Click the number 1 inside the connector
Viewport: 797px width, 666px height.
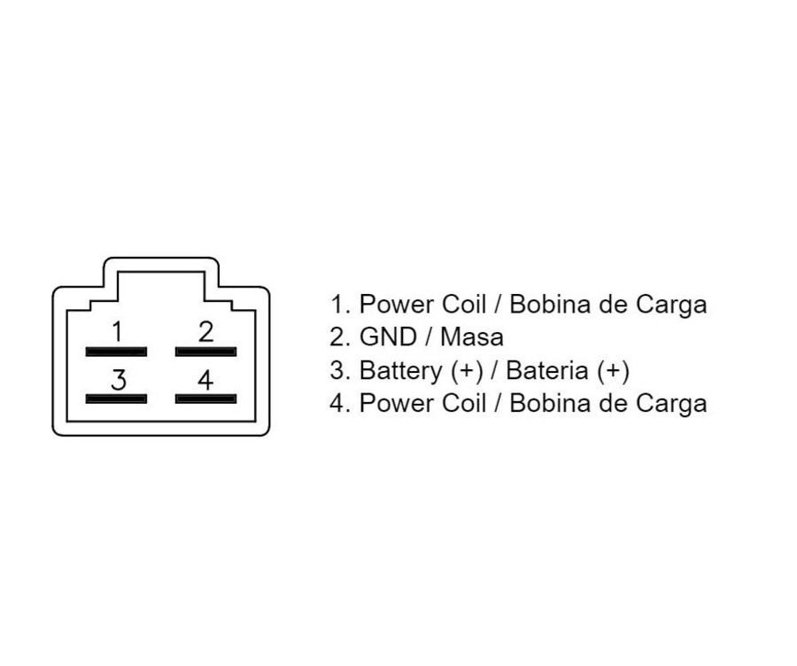(118, 331)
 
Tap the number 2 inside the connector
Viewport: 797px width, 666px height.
(205, 331)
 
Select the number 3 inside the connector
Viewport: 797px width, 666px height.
(119, 379)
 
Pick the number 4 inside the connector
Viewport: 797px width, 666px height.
(205, 379)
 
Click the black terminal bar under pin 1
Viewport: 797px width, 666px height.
(116, 352)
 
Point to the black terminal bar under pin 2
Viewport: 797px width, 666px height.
(205, 352)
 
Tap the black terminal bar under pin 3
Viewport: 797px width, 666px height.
(116, 399)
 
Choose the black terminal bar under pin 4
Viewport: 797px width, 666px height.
(205, 399)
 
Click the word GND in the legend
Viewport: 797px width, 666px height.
(388, 337)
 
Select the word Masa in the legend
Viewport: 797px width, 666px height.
(472, 337)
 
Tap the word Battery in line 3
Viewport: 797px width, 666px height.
(401, 370)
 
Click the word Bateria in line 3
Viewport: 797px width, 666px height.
(547, 369)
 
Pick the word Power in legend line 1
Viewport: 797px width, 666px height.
(397, 304)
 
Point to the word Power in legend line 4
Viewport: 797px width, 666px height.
(397, 403)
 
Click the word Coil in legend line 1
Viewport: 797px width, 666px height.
(464, 304)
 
